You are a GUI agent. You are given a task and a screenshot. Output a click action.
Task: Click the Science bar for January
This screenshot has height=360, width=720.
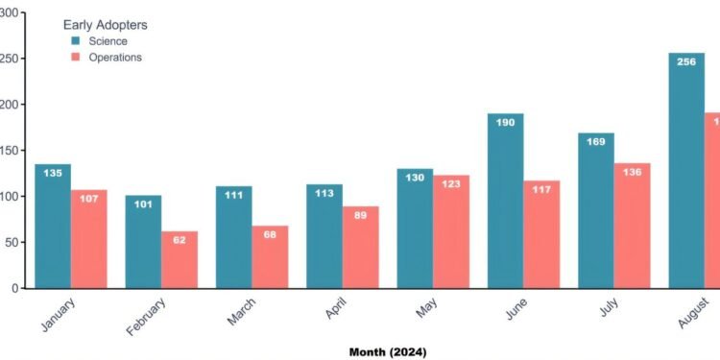pos(52,226)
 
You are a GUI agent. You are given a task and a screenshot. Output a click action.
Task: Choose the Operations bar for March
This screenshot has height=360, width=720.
pos(270,256)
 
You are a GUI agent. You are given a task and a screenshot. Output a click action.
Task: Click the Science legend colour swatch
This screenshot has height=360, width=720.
pos(75,41)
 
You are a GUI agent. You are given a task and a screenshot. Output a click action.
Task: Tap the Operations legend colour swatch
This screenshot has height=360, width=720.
pos(75,58)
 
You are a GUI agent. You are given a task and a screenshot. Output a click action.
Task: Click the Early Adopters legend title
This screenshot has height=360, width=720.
pos(105,24)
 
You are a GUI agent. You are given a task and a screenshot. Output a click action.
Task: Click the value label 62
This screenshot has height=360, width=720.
pos(180,242)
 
